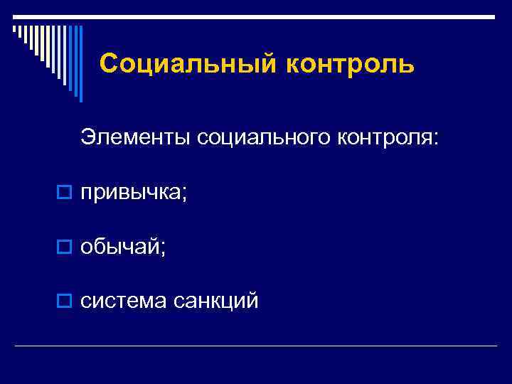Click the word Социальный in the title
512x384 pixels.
tap(187, 64)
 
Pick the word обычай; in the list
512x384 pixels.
tap(123, 247)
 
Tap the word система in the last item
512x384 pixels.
tap(124, 301)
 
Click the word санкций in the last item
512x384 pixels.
tap(215, 301)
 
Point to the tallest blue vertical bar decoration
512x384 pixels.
tap(80, 64)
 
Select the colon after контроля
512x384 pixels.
tap(435, 139)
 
